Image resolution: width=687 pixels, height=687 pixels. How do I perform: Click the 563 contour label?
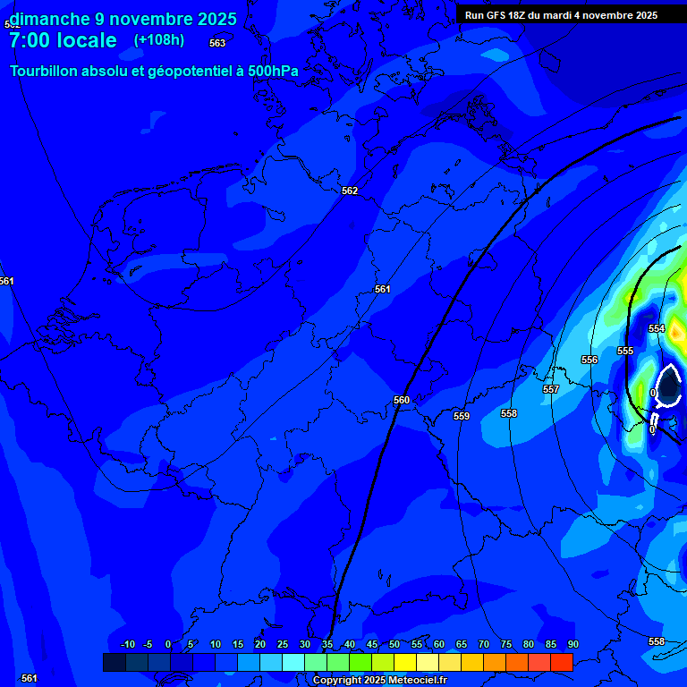tap(217, 43)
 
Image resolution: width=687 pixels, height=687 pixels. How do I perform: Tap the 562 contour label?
tap(350, 191)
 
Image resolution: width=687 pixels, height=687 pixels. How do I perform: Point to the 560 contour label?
tap(402, 400)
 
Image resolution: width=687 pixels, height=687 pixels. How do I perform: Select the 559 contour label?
tap(462, 416)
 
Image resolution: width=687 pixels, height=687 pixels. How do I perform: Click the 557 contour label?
tap(551, 389)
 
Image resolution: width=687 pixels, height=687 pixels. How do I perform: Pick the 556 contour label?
tap(589, 360)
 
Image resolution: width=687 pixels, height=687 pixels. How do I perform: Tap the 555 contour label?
tap(625, 351)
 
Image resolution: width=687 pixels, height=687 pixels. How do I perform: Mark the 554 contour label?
tap(657, 328)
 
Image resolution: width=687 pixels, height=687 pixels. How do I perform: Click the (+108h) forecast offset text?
tap(159, 40)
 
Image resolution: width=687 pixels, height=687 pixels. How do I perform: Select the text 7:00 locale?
tap(63, 40)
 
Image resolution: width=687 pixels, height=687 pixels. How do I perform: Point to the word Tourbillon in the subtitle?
tap(49, 71)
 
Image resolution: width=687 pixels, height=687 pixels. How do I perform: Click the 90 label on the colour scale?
tap(572, 644)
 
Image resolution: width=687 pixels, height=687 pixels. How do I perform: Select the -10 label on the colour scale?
tap(127, 644)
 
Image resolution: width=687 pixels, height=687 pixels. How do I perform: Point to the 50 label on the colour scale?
tap(394, 644)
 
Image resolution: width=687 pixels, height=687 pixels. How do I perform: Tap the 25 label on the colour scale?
tap(283, 644)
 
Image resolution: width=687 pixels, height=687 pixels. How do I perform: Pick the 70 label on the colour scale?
tap(484, 644)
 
